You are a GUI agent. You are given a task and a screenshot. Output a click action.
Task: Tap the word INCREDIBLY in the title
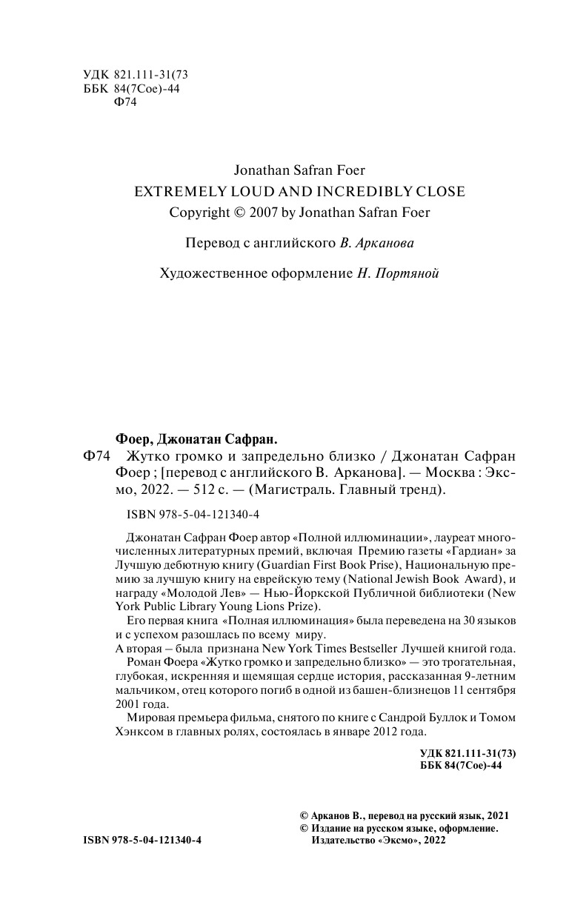coord(365,191)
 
